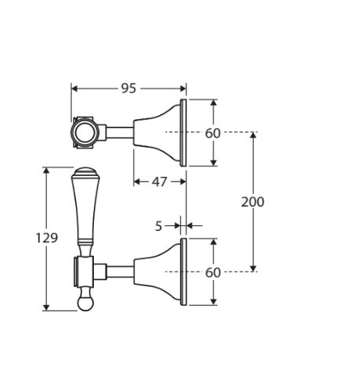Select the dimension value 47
[159, 182]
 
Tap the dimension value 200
[252, 202]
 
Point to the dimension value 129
[48, 238]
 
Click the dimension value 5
[159, 226]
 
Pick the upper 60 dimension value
[213, 133]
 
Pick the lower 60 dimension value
[213, 272]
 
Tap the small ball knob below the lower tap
[85, 300]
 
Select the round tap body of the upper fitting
[83, 133]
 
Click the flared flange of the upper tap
[160, 133]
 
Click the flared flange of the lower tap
[160, 272]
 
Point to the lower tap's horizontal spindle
[119, 272]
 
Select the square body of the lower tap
[84, 272]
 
